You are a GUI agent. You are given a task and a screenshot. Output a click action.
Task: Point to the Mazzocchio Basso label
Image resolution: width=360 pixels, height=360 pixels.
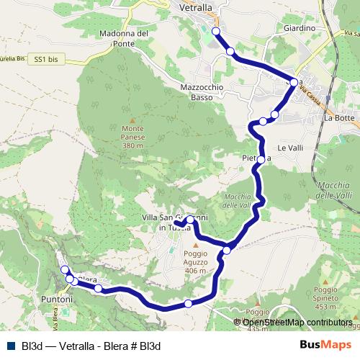tap(202, 91)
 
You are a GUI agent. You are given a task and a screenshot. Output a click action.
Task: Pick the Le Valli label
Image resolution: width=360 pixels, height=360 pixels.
tap(291, 148)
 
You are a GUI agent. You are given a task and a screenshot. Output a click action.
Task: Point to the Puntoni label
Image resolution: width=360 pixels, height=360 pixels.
tap(57, 298)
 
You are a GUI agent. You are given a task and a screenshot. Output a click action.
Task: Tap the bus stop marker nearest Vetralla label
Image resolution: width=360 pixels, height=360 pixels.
tap(216, 31)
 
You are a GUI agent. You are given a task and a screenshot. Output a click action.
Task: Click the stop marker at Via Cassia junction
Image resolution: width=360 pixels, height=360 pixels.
tap(294, 82)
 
